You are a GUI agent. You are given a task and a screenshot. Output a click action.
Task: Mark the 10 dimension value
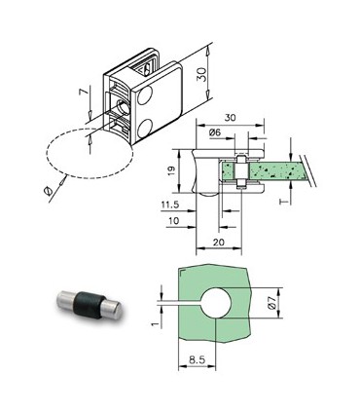pos(172,222)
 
